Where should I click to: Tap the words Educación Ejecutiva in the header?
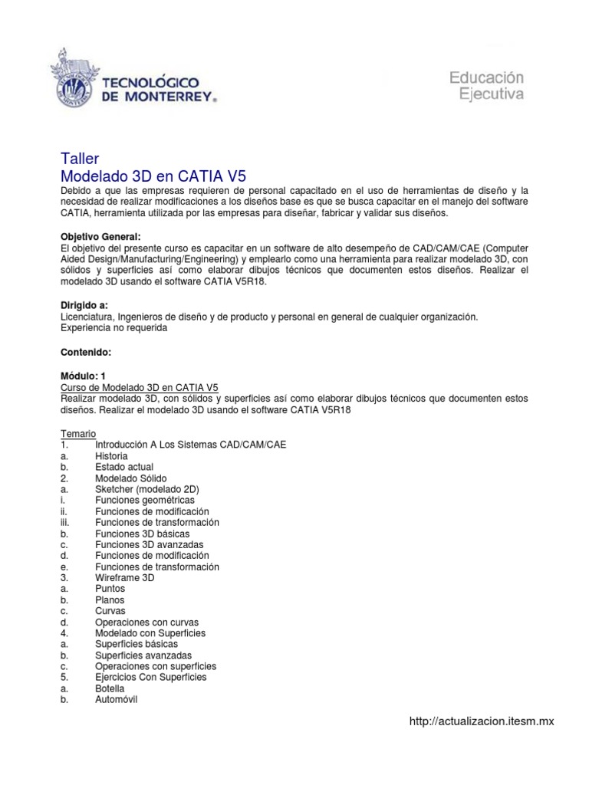[485, 85]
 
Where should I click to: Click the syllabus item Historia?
[112, 455]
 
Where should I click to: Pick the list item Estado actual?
[124, 467]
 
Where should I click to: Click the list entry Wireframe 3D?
[125, 577]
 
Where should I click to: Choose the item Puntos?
[110, 589]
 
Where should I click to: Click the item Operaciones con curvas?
[144, 622]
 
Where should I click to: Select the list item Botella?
[110, 688]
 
